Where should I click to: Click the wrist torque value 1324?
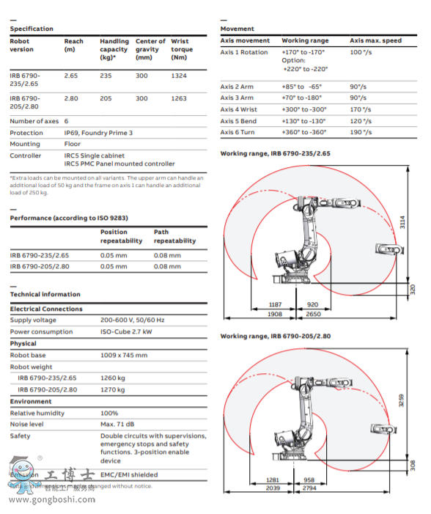[x=179, y=76]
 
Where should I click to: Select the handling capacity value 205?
[x=106, y=98]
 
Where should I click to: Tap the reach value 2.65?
[x=71, y=76]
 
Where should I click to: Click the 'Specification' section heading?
[x=31, y=29]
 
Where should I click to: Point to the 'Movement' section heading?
[x=237, y=29]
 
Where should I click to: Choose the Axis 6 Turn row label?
[x=239, y=132]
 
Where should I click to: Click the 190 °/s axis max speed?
[x=361, y=132]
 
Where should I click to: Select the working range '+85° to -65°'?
[x=303, y=87]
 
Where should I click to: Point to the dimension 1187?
[x=275, y=304]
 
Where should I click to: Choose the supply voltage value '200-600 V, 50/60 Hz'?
[x=133, y=320]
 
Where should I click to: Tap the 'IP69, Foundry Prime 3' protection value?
[x=98, y=133]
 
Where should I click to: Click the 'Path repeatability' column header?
[x=174, y=236]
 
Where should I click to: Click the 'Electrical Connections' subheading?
[x=45, y=309]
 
